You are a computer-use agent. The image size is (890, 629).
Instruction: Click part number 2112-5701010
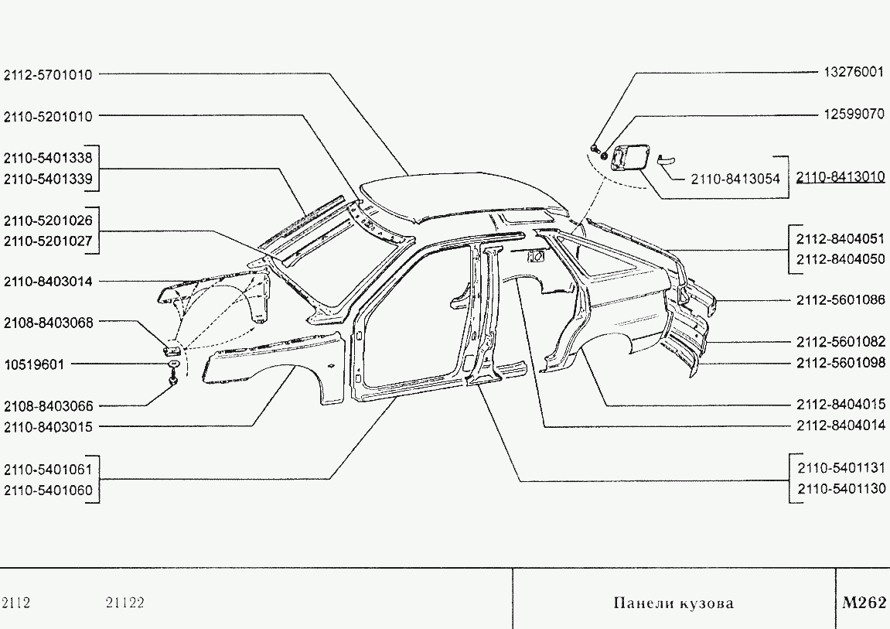click(x=48, y=74)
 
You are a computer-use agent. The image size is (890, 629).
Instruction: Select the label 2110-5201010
click(x=48, y=116)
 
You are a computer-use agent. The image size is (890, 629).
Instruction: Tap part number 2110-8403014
click(x=48, y=282)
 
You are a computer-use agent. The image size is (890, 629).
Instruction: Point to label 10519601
click(x=34, y=364)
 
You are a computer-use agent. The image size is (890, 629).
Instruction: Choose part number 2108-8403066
click(x=48, y=406)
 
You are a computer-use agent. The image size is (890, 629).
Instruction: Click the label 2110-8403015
click(x=48, y=427)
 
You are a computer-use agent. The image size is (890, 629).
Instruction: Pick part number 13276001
click(x=854, y=72)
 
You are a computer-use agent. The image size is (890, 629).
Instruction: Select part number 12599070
click(x=854, y=114)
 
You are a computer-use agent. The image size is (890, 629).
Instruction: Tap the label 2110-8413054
click(x=735, y=179)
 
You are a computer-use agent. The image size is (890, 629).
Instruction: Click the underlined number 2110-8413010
click(x=841, y=177)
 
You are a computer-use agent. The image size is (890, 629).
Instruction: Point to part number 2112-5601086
click(x=841, y=299)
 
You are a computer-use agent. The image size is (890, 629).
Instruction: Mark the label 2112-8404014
click(x=841, y=426)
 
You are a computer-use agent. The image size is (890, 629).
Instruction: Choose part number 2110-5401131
click(x=841, y=468)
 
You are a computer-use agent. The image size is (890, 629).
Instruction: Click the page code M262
click(x=864, y=603)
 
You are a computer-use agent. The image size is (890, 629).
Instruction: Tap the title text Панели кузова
click(x=673, y=603)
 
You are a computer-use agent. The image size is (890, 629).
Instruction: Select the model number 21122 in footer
click(x=124, y=603)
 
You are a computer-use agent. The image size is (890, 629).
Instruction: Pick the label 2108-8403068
click(x=48, y=323)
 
